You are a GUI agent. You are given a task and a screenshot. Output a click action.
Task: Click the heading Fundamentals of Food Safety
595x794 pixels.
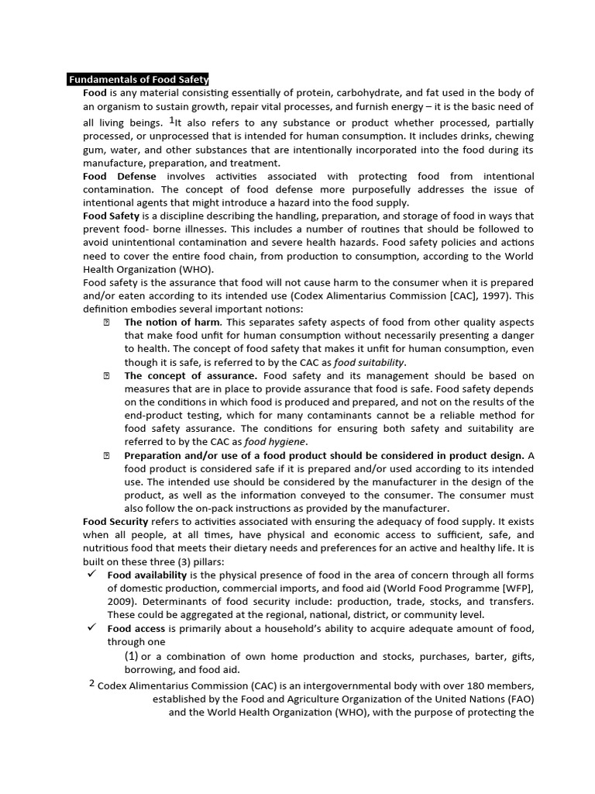138,79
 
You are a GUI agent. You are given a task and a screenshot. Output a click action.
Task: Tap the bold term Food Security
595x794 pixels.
115,522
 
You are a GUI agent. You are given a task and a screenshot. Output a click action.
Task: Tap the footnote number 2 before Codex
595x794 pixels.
91,683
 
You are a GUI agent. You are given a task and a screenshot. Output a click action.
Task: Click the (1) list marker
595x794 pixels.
132,656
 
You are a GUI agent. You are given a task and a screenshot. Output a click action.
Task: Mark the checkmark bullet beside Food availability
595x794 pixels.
91,575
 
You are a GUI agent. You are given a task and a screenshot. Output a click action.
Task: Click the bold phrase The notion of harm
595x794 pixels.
173,323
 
